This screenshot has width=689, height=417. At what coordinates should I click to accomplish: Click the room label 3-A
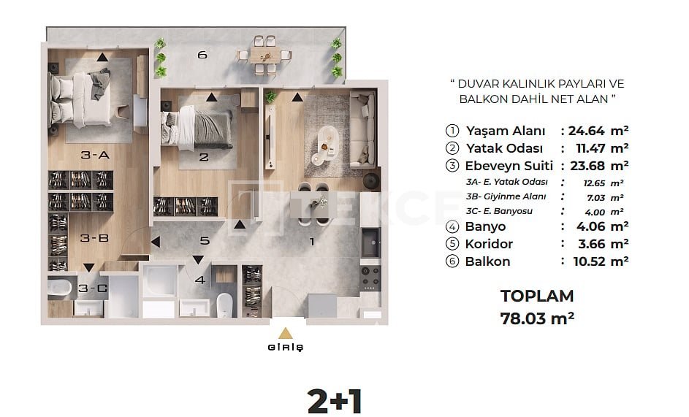pyautogui.click(x=95, y=155)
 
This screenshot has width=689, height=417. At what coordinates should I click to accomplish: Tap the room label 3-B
pyautogui.click(x=94, y=238)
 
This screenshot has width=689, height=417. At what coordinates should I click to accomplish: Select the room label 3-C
pyautogui.click(x=93, y=288)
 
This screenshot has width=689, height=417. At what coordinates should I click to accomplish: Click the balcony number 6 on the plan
pyautogui.click(x=202, y=55)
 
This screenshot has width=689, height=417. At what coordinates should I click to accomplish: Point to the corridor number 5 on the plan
pyautogui.click(x=205, y=241)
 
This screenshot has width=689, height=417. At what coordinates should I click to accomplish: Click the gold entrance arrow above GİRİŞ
pyautogui.click(x=286, y=333)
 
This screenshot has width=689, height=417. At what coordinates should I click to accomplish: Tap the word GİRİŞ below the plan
pyautogui.click(x=286, y=347)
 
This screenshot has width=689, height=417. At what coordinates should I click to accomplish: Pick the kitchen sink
pyautogui.click(x=371, y=242)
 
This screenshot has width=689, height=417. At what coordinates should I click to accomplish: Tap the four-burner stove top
pyautogui.click(x=370, y=276)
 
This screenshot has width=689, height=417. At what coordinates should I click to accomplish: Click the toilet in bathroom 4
pyautogui.click(x=224, y=304)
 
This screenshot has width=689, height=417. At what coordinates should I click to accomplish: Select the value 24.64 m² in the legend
pyautogui.click(x=598, y=131)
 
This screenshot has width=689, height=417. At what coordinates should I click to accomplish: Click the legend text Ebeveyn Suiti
pyautogui.click(x=509, y=166)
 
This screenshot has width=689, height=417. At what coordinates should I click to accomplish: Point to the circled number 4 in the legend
pyautogui.click(x=452, y=226)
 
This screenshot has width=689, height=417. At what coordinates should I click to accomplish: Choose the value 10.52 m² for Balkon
pyautogui.click(x=601, y=261)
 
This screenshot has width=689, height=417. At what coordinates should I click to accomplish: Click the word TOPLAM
pyautogui.click(x=537, y=297)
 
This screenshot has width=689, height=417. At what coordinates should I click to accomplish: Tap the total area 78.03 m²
pyautogui.click(x=537, y=318)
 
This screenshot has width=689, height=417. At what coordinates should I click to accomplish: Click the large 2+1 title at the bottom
pyautogui.click(x=335, y=401)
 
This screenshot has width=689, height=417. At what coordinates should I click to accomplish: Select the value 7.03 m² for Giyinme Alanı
pyautogui.click(x=605, y=198)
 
